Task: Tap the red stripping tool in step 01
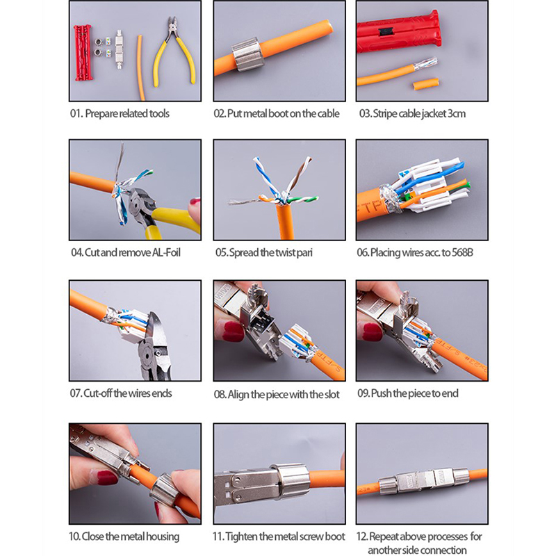pyautogui.click(x=82, y=52)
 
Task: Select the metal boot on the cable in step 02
pyautogui.click(x=247, y=54)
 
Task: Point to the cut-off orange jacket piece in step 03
pyautogui.click(x=426, y=84)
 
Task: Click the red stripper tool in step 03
pyautogui.click(x=399, y=33)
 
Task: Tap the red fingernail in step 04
pyautogui.click(x=195, y=202)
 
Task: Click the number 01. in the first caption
pyautogui.click(x=76, y=113)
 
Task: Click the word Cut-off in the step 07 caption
pyautogui.click(x=97, y=393)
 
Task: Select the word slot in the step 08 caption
pyautogui.click(x=332, y=394)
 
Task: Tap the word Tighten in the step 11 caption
pyautogui.click(x=241, y=537)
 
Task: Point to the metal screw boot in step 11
pyautogui.click(x=292, y=480)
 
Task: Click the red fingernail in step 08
pyautogui.click(x=233, y=331)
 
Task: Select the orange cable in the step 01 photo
pyautogui.click(x=141, y=67)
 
